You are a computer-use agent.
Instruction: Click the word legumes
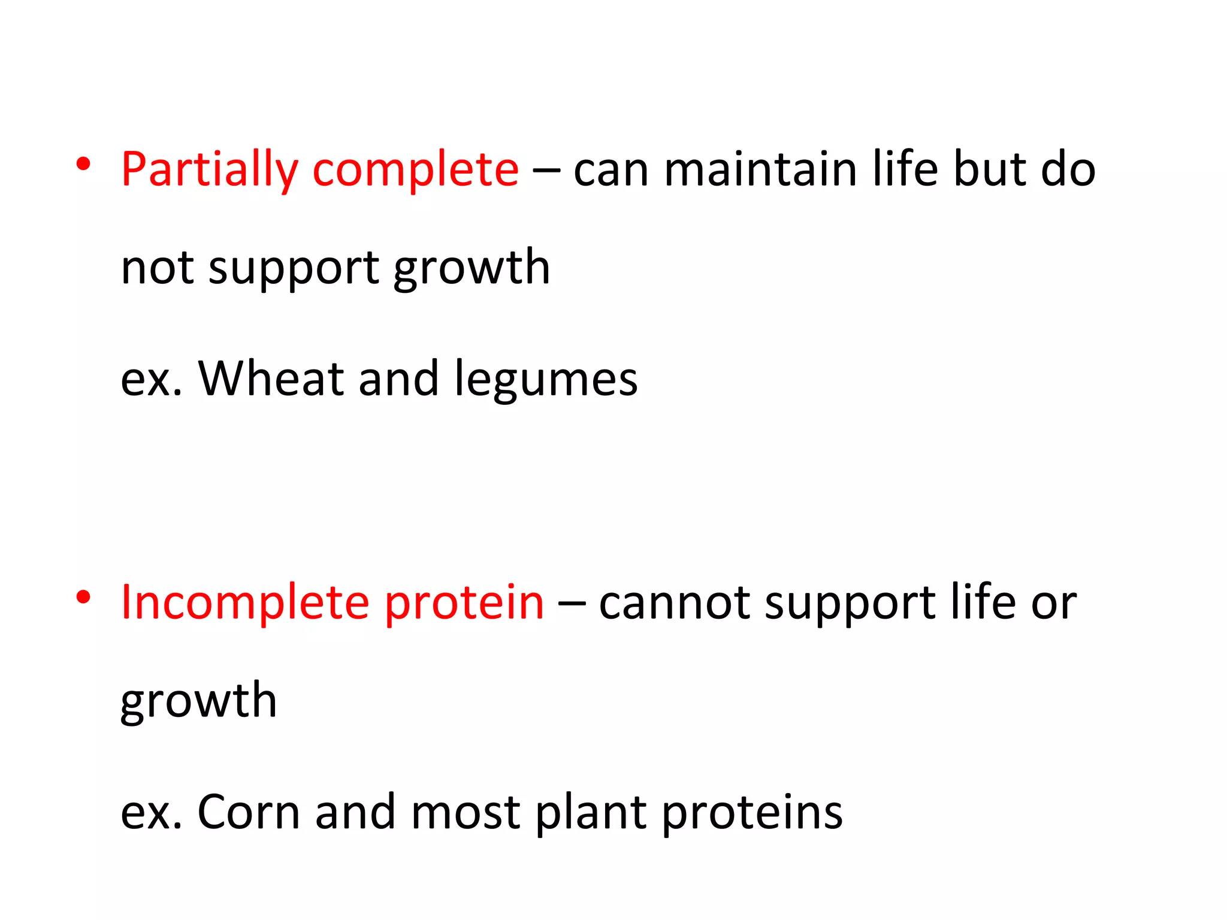[x=546, y=380]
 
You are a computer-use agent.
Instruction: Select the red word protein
[x=464, y=604]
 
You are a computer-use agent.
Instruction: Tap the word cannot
[x=674, y=603]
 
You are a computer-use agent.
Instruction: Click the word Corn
[x=249, y=812]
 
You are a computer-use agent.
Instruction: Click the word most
[x=465, y=812]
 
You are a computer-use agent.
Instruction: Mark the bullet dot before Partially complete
[x=84, y=164]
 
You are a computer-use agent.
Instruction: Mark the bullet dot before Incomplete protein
[x=84, y=597]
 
